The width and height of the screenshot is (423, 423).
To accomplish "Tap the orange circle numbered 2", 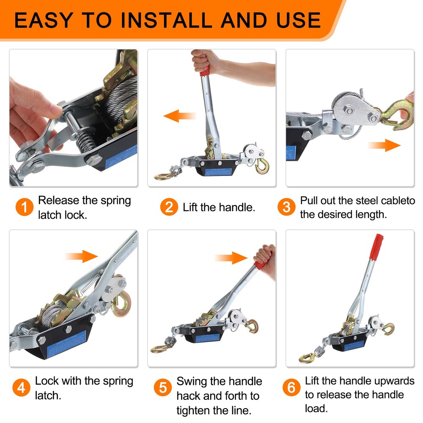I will coord(169,207).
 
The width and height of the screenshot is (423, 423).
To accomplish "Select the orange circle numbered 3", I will coord(287,207).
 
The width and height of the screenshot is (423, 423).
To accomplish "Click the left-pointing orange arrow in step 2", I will coord(180,115).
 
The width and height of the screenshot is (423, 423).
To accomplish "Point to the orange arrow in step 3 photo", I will coord(384,146).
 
